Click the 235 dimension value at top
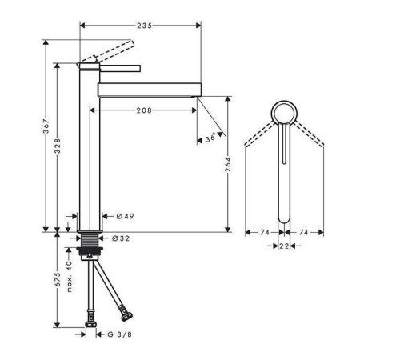(144, 26)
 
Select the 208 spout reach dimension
(144, 110)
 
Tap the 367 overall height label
(46, 126)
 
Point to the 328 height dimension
(58, 146)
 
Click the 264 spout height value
(228, 164)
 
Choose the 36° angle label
(210, 138)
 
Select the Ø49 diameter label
(125, 216)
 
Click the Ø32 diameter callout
(121, 238)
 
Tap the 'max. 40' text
(69, 276)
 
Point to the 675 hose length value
(58, 279)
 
